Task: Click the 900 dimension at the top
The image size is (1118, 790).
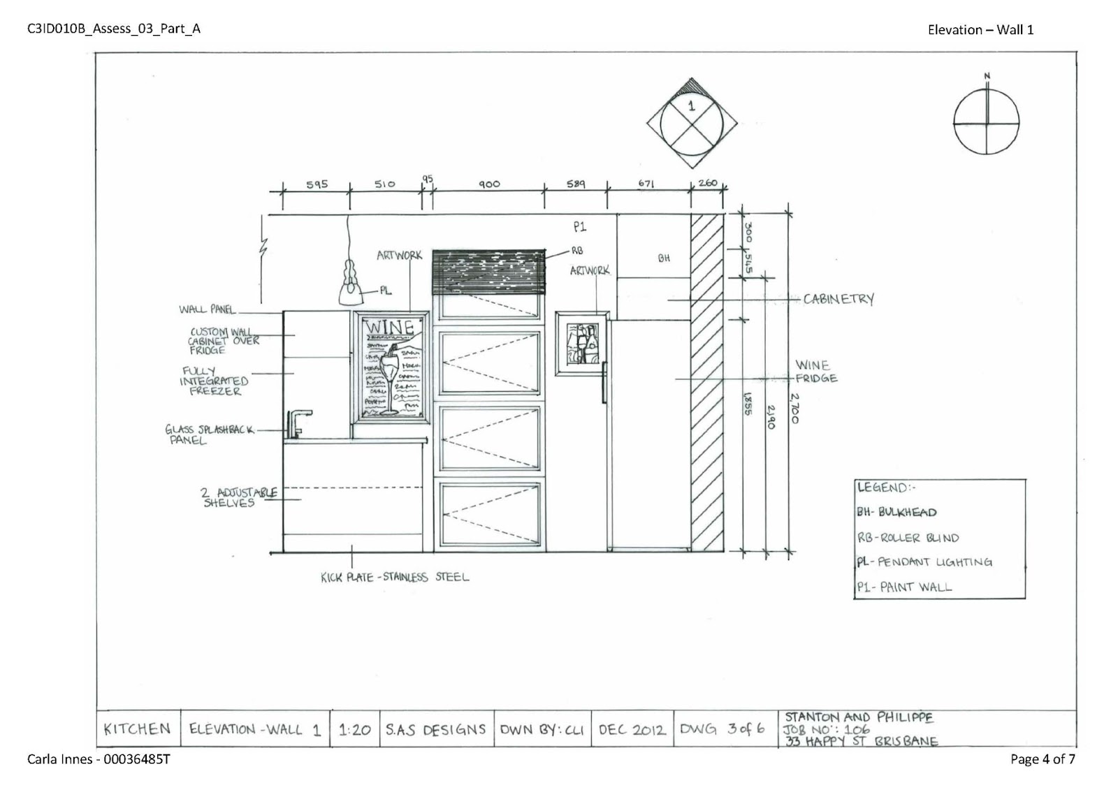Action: (489, 184)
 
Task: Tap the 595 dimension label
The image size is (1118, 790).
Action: (317, 185)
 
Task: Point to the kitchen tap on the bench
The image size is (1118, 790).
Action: (294, 423)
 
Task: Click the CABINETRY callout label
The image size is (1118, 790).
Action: (838, 299)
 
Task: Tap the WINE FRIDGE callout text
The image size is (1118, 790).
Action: (815, 372)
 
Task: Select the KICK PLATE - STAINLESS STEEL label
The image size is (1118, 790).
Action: (395, 577)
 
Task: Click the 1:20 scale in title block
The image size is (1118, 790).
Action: (354, 730)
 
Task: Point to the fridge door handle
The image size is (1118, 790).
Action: (604, 382)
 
